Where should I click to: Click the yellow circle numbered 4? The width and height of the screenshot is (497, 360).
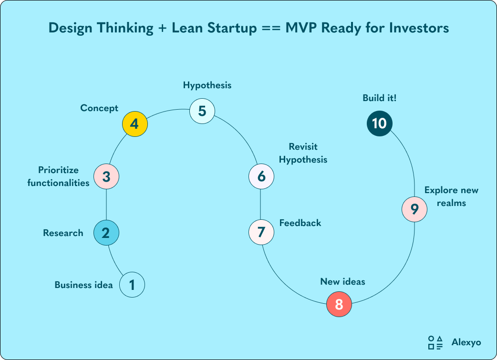pyautogui.click(x=135, y=124)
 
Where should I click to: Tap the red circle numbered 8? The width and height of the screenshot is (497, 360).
pyautogui.click(x=339, y=304)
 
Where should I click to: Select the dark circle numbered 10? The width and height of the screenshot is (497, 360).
pyautogui.click(x=379, y=123)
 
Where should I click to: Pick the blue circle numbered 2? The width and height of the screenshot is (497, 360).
pyautogui.click(x=106, y=233)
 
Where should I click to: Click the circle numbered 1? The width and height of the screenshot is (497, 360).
pyautogui.click(x=132, y=285)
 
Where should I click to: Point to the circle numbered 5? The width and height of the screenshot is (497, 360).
pyautogui.click(x=202, y=111)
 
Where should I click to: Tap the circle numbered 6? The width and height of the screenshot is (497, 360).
pyautogui.click(x=261, y=176)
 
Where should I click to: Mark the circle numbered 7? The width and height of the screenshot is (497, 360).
pyautogui.click(x=261, y=232)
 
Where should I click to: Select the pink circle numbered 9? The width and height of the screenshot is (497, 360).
pyautogui.click(x=414, y=209)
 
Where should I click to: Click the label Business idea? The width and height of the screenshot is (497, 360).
pyautogui.click(x=83, y=285)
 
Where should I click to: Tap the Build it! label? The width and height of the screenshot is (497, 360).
pyautogui.click(x=380, y=98)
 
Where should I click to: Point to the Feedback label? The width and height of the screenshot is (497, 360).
pyautogui.click(x=300, y=223)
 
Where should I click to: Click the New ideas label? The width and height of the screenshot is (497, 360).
pyautogui.click(x=342, y=282)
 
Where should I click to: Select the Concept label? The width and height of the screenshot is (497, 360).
pyautogui.click(x=99, y=108)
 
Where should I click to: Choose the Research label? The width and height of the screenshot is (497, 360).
pyautogui.click(x=63, y=233)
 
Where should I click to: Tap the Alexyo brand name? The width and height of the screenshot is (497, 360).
pyautogui.click(x=466, y=342)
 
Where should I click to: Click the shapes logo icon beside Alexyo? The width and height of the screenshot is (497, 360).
pyautogui.click(x=435, y=342)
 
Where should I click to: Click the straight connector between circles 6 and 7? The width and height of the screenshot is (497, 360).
pyautogui.click(x=261, y=204)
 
